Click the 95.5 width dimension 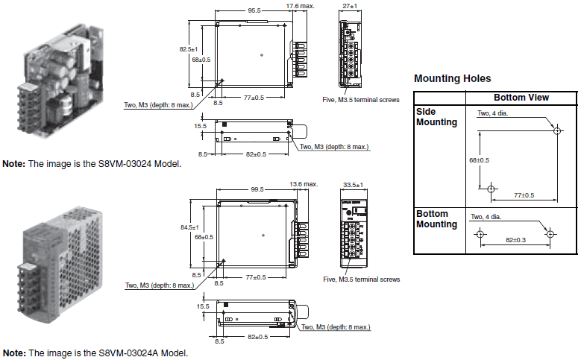coord(254,10)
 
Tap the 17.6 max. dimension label coord(301,5)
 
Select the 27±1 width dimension coord(350,5)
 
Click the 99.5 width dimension coord(258,189)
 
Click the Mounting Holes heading coord(452,78)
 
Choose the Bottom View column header coord(521,98)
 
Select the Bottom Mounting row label coord(436,219)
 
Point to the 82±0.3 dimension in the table coord(515,240)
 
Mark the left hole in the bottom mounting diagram coord(480,233)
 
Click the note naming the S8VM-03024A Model coord(95,353)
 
